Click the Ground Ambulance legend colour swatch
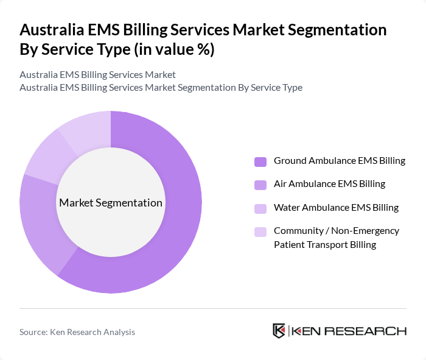point(260,161)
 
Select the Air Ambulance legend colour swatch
point(260,184)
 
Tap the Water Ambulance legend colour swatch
point(260,208)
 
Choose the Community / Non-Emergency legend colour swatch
point(260,231)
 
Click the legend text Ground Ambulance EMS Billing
point(339,161)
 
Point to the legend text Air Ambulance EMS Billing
point(329,183)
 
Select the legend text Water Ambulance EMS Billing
point(336,207)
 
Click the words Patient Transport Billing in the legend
point(325,245)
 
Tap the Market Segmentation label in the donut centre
point(110,203)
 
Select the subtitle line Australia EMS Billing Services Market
point(97,74)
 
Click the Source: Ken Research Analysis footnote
point(77,332)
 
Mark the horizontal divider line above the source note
point(213,309)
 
